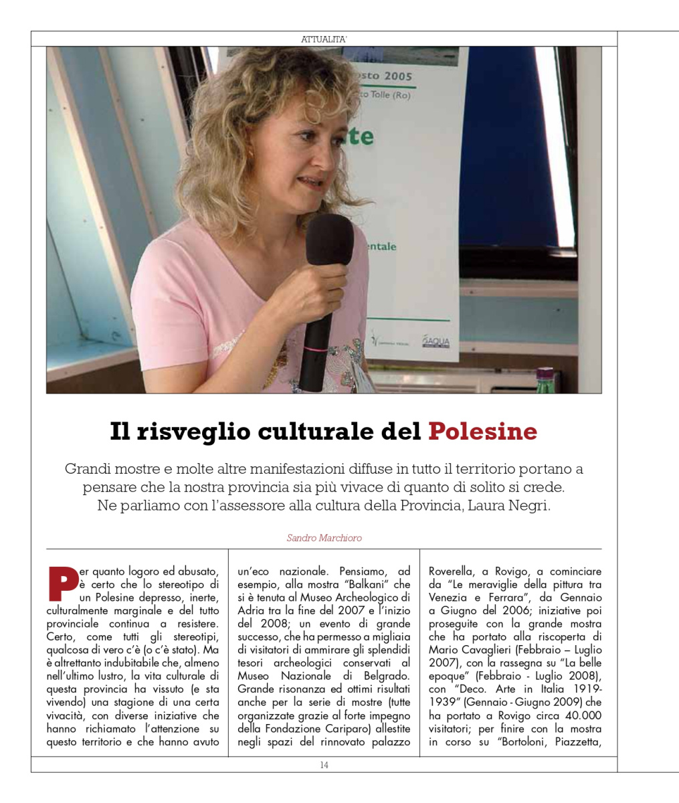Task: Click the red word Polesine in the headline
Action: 482,432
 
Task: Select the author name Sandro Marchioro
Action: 324,537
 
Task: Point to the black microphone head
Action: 329,240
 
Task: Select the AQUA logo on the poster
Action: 436,342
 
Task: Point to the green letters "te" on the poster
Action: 361,137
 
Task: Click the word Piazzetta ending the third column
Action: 579,741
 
